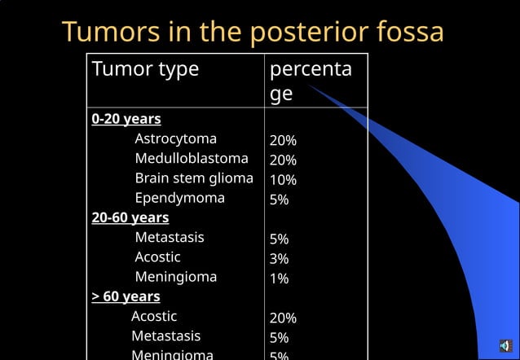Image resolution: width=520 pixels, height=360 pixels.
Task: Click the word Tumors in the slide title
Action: pos(110,33)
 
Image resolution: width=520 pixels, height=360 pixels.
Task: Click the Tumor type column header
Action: pos(145,69)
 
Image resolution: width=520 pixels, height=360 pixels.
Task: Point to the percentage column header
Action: pos(311,81)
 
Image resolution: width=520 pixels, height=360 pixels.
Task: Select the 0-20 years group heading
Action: pos(126,119)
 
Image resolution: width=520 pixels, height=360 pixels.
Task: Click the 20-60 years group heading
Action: pos(130,217)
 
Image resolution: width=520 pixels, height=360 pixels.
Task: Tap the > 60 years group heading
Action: pos(126,296)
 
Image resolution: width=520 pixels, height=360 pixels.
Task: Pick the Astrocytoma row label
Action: pos(175,139)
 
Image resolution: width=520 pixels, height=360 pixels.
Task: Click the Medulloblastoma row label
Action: pos(192,159)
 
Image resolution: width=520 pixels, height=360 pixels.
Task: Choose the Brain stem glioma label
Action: pos(194,178)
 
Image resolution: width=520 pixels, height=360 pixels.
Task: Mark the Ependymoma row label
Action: pos(179,198)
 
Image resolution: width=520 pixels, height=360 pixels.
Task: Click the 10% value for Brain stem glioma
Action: pos(283,180)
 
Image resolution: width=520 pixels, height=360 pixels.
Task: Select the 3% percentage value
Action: pos(280,259)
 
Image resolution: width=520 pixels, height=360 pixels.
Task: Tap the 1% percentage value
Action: pos(280,279)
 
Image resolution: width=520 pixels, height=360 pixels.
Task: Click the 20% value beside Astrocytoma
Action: pos(283,140)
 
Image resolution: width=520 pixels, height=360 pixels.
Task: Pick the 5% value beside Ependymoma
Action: pos(280,200)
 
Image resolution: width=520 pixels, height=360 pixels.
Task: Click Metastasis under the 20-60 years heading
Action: pos(170,238)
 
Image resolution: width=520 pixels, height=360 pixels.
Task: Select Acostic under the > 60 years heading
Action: pos(154,316)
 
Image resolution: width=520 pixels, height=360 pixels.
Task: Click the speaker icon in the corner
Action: pos(505,346)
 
